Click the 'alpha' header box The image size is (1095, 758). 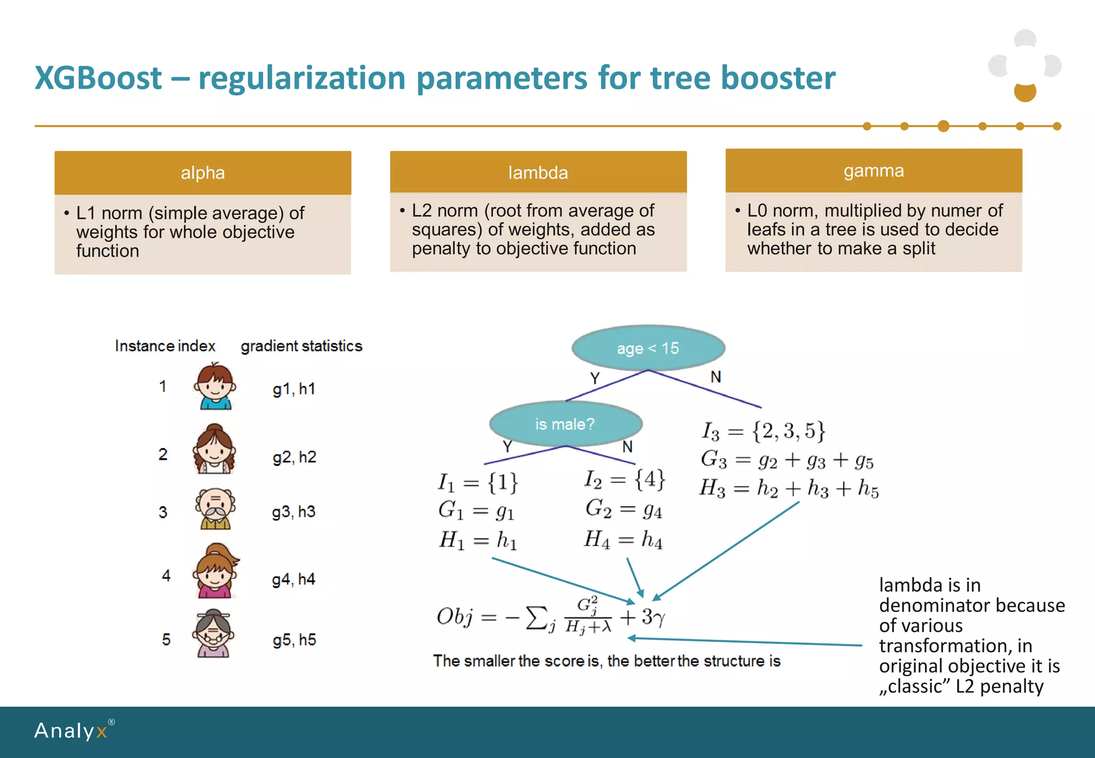[x=203, y=173]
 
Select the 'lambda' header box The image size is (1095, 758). [x=538, y=172]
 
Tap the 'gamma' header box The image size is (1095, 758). [x=874, y=171]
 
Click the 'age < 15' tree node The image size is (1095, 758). [x=648, y=349]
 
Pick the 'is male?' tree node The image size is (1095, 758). [x=565, y=424]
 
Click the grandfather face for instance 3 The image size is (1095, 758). [x=215, y=508]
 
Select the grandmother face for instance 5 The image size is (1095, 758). [x=214, y=633]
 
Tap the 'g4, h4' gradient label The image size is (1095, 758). [x=294, y=579]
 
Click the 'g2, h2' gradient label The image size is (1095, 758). [x=294, y=457]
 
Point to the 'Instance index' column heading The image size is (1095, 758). [x=165, y=346]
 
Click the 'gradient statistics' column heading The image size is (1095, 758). [x=302, y=346]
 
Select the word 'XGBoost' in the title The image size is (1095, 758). [x=98, y=78]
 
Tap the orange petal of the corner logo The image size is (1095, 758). [x=1025, y=92]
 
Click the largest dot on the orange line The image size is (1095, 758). [x=944, y=126]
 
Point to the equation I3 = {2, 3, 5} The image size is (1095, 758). [x=764, y=431]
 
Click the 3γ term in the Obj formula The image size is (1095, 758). [x=653, y=617]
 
